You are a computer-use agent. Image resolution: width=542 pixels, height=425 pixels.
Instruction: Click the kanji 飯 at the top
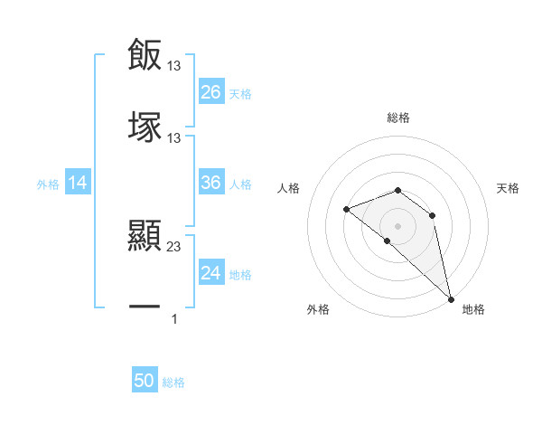click(x=145, y=54)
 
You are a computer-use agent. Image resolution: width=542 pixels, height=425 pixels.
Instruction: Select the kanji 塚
click(x=145, y=127)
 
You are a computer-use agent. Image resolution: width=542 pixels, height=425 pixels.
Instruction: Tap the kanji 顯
click(x=145, y=236)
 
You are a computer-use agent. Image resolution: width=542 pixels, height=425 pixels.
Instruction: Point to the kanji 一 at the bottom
click(x=145, y=308)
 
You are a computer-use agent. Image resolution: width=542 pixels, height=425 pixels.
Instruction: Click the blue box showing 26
click(x=211, y=92)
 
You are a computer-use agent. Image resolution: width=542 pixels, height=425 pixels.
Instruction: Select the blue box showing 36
click(x=211, y=183)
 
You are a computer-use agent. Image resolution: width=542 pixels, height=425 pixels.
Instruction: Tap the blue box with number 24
click(x=211, y=273)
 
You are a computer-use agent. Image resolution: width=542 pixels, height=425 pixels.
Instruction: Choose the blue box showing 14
click(x=78, y=184)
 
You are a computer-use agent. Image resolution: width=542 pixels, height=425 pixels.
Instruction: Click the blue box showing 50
click(x=145, y=382)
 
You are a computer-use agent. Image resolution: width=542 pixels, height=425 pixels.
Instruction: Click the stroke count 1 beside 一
click(x=174, y=318)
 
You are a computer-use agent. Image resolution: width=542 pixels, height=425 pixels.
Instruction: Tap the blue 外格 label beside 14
click(x=48, y=184)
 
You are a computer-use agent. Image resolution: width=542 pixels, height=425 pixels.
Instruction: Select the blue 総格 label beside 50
click(x=173, y=382)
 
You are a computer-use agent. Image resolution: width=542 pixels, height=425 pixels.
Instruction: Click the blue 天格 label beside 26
click(x=240, y=93)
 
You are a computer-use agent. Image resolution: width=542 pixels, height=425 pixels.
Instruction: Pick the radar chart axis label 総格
click(x=397, y=118)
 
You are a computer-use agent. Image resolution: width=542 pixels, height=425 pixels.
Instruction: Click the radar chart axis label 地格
click(x=473, y=310)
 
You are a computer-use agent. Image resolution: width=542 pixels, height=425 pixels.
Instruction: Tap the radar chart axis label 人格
click(x=289, y=189)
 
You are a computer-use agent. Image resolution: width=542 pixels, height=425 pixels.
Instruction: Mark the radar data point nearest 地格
click(x=450, y=298)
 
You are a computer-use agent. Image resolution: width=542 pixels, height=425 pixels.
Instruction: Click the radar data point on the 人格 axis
click(x=346, y=210)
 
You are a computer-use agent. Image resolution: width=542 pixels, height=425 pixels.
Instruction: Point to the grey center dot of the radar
click(x=397, y=225)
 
